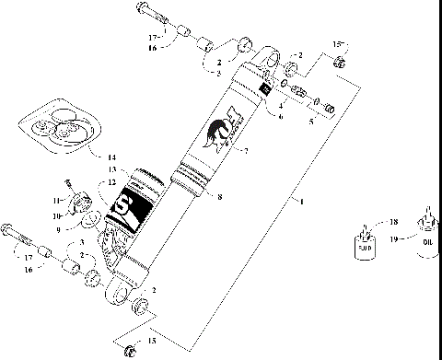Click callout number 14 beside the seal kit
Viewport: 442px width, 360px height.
tap(138, 158)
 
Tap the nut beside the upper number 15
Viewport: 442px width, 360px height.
tap(340, 62)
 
